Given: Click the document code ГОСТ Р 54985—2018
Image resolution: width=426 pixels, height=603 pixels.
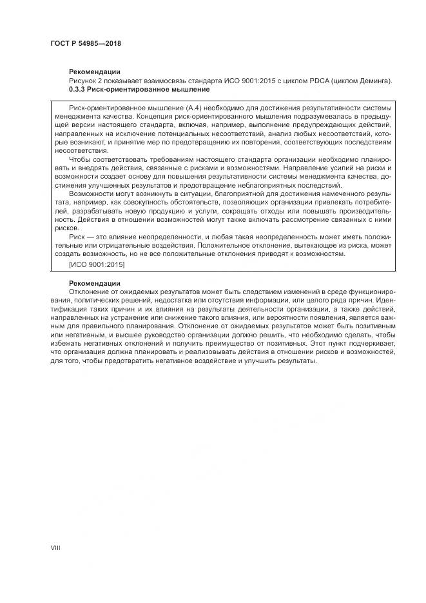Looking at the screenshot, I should pos(86,43).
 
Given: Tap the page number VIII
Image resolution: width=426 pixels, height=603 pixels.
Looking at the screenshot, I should pos(55,547).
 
